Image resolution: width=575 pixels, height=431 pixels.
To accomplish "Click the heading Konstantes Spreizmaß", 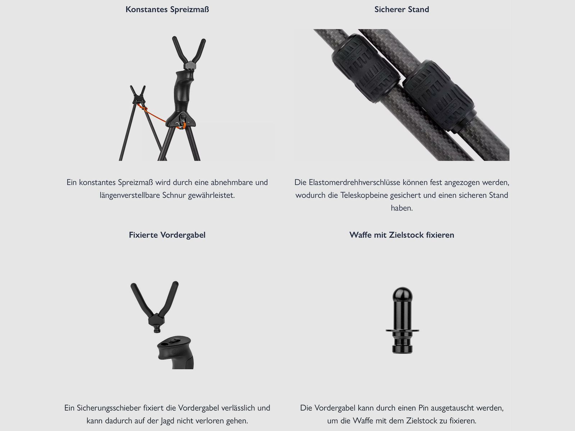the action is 167,9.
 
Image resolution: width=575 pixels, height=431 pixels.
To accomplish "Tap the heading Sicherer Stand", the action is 401,9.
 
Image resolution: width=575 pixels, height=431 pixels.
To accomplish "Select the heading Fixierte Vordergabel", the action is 167,235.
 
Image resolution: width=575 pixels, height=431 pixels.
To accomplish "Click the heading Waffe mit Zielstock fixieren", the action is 401,235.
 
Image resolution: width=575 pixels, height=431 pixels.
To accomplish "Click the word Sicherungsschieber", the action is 109,408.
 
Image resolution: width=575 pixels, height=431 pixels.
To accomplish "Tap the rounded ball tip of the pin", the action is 402,294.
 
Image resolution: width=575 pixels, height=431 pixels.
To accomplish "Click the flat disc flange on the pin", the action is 402,331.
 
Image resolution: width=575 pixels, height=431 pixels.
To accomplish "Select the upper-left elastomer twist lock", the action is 366,68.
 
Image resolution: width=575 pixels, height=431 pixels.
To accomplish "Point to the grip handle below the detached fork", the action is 175,352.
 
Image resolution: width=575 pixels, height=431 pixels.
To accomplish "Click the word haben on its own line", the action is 401,208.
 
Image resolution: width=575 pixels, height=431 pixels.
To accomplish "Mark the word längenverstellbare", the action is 130,195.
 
